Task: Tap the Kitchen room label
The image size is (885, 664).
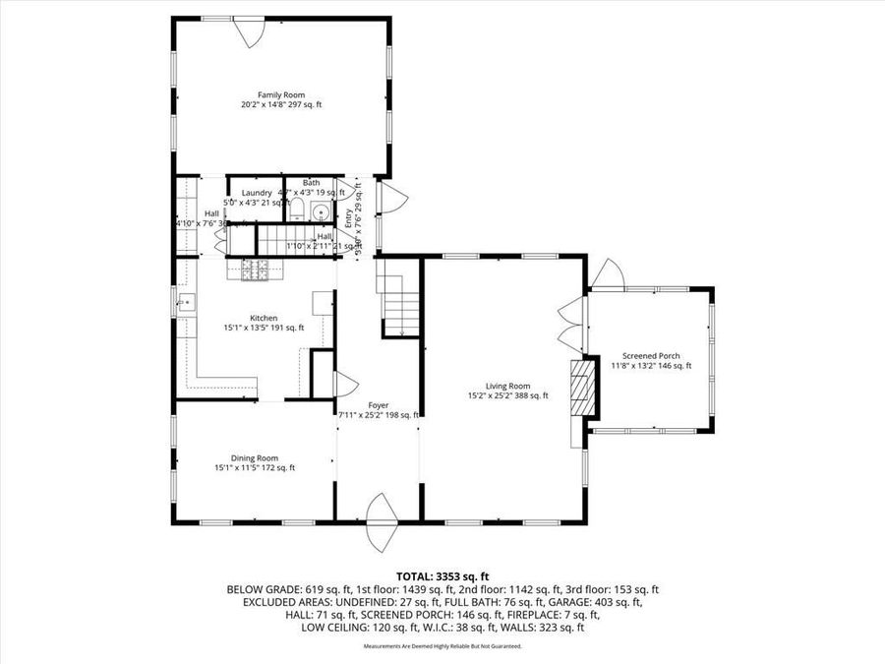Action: (x=264, y=318)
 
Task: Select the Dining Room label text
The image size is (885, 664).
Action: (x=255, y=457)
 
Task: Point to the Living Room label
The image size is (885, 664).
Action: (x=507, y=386)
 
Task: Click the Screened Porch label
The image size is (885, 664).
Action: (x=650, y=356)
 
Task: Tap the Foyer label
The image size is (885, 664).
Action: (x=379, y=404)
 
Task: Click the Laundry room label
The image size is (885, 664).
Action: (x=257, y=193)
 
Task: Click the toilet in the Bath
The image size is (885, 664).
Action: (x=297, y=210)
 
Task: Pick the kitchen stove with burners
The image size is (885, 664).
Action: (x=252, y=269)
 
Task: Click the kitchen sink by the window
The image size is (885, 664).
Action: (x=184, y=303)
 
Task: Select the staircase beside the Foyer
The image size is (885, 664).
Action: (x=391, y=305)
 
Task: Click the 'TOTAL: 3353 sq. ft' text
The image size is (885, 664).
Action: (x=442, y=576)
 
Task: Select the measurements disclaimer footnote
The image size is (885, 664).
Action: (x=442, y=646)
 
